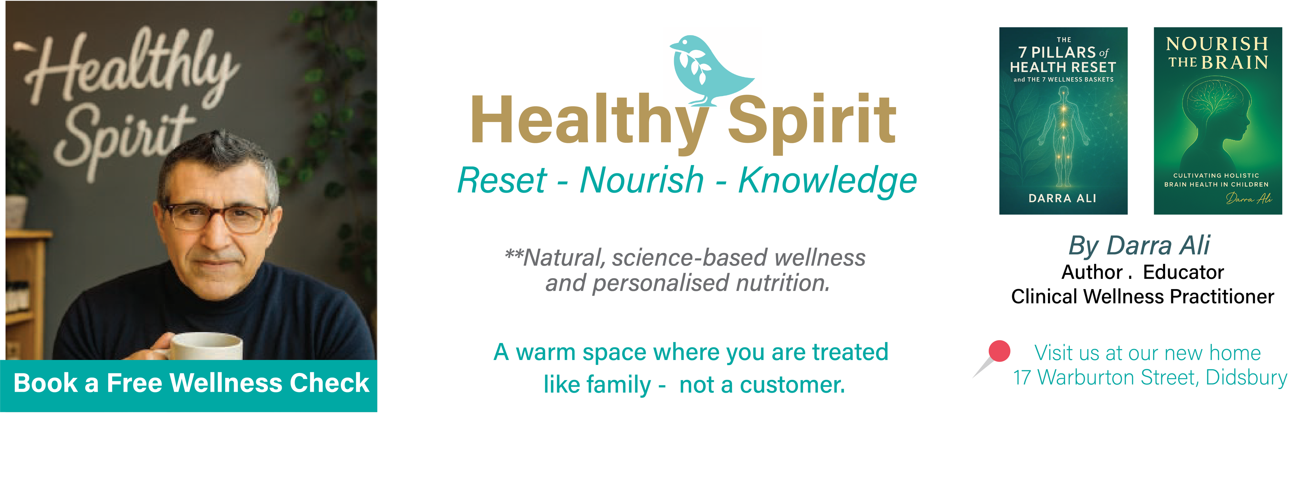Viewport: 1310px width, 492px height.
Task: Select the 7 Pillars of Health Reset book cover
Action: (1063, 121)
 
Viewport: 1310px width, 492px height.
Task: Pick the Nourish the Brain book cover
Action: (1218, 121)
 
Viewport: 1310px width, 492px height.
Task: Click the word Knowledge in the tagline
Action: (827, 181)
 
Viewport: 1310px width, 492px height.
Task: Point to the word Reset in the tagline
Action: (502, 181)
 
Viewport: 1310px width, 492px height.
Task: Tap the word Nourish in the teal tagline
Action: (642, 181)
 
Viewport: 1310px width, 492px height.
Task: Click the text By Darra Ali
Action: (1139, 246)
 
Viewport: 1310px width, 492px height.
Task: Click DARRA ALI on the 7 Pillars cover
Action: (1062, 198)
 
